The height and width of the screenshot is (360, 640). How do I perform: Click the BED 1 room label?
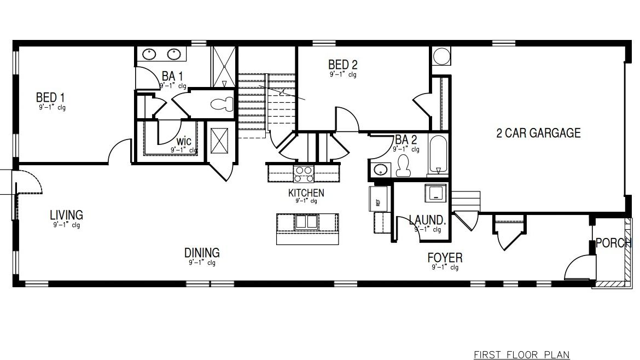pyautogui.click(x=51, y=97)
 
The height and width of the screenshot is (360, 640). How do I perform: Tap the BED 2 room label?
pyautogui.click(x=343, y=65)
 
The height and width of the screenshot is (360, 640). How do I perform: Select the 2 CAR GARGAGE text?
pyautogui.click(x=538, y=133)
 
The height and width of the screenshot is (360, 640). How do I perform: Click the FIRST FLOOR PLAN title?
pyautogui.click(x=521, y=355)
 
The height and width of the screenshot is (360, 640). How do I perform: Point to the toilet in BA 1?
pyautogui.click(x=222, y=104)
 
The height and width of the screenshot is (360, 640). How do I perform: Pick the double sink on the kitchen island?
pyautogui.click(x=306, y=222)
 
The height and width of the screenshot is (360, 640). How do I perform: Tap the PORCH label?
pyautogui.click(x=613, y=242)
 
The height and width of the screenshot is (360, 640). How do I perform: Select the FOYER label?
pyautogui.click(x=444, y=257)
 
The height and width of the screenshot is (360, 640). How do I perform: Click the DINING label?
pyautogui.click(x=202, y=253)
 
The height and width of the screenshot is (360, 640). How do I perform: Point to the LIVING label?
pyautogui.click(x=66, y=215)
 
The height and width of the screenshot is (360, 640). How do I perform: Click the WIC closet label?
pyautogui.click(x=183, y=141)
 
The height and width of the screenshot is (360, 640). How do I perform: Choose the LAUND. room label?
pyautogui.click(x=427, y=220)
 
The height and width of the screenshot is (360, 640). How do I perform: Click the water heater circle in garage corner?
pyautogui.click(x=441, y=56)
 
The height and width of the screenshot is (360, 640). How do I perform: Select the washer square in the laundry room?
pyautogui.click(x=436, y=193)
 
